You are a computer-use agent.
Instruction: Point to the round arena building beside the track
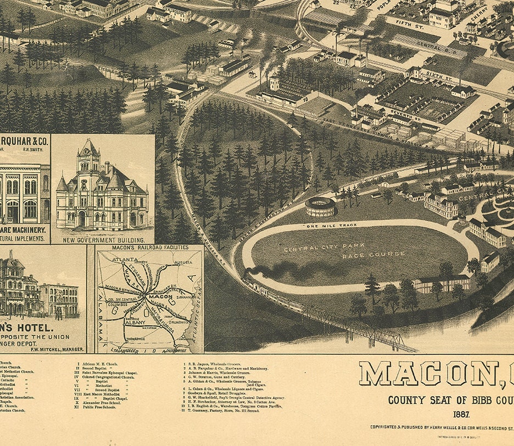pos(320,207)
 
